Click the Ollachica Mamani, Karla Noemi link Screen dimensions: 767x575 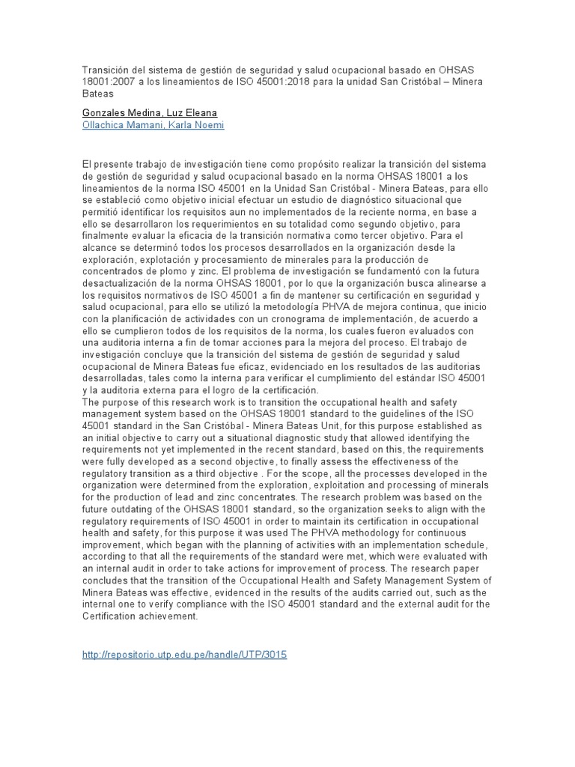[153, 125]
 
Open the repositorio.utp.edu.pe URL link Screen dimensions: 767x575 [183, 654]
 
